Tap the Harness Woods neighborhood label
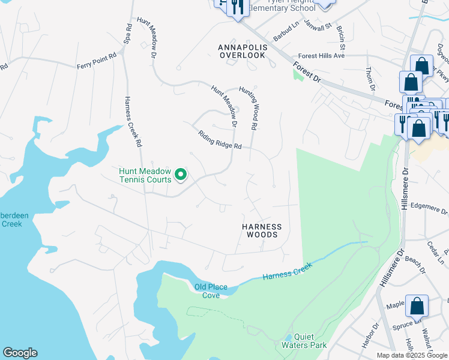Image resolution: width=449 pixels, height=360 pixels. click(x=261, y=230)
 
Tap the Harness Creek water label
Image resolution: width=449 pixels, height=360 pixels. click(x=288, y=274)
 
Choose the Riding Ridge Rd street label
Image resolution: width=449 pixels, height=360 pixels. click(x=220, y=140)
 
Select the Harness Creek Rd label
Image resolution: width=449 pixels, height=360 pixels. click(x=133, y=122)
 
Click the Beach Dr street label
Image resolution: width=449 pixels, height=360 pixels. click(x=415, y=262)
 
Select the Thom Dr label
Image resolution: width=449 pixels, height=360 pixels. click(x=370, y=79)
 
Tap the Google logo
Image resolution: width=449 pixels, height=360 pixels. click(x=20, y=353)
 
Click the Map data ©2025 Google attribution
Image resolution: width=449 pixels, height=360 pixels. click(x=412, y=355)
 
